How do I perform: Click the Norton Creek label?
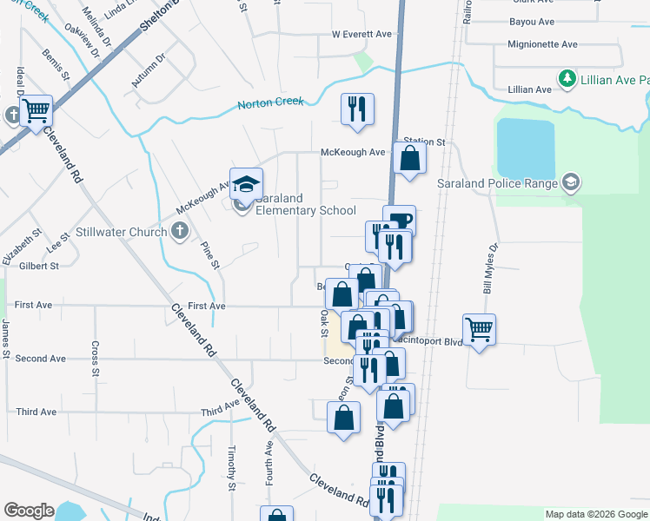(x=271, y=103)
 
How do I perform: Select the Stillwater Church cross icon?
(x=180, y=231)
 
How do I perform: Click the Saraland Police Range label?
(x=508, y=182)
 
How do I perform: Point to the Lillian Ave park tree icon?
(x=567, y=80)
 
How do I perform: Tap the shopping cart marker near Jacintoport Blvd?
(x=480, y=329)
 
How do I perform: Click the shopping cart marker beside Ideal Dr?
(x=36, y=110)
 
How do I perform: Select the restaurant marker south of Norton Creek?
(x=357, y=109)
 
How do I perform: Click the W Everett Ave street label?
(x=361, y=35)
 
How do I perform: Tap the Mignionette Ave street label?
(x=544, y=44)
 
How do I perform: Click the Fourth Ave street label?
(x=269, y=462)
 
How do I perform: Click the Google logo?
(x=29, y=511)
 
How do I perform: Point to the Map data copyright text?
(x=595, y=514)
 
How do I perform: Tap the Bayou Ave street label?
(x=533, y=22)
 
